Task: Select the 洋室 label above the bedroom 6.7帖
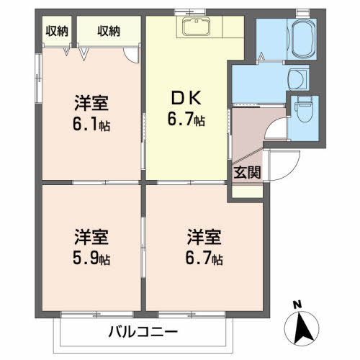tap(203, 236)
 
